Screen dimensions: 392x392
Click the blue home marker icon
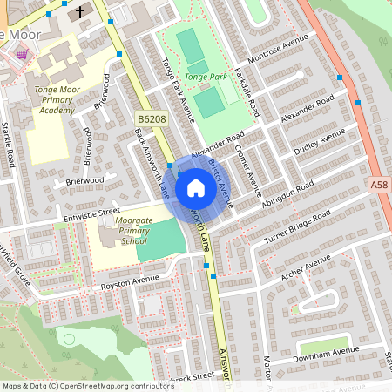[x=196, y=188]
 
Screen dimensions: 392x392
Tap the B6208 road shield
[x=151, y=117]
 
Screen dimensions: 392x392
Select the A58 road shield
[x=378, y=185]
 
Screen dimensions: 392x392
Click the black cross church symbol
[x=80, y=12]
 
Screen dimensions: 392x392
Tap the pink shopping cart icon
[x=21, y=54]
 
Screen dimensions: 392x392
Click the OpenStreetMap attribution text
[x=88, y=386]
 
